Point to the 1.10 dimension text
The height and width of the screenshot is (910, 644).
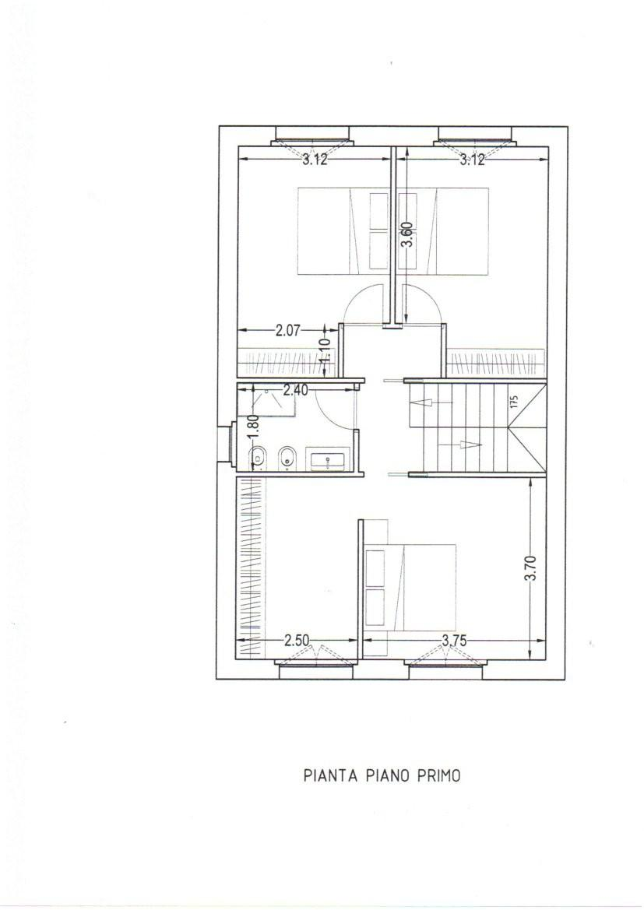pos(326,350)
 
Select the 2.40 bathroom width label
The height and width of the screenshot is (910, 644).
pos(295,391)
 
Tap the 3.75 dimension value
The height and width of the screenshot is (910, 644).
pos(454,641)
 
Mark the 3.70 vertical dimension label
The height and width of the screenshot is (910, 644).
pos(531,568)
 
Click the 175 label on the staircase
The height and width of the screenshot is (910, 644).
pos(513,402)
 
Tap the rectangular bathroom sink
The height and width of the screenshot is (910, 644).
pos(329,459)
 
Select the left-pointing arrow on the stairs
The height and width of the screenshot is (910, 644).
pos(421,402)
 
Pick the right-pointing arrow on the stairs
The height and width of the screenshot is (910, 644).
pos(470,444)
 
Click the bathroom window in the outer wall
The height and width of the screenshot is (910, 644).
pos(225,444)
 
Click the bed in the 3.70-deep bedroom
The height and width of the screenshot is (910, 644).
pos(410,587)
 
